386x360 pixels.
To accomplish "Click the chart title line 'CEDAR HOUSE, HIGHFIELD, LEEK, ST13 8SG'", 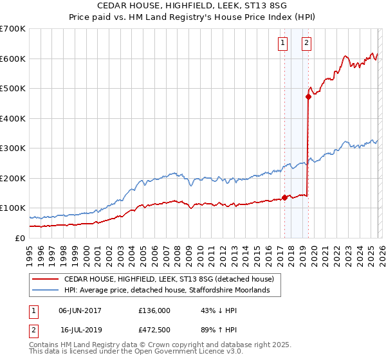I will pyautogui.click(x=192, y=5).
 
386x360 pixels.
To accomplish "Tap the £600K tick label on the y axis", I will pyautogui.click(x=13, y=59).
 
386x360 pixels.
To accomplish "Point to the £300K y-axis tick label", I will pyautogui.click(x=13, y=148).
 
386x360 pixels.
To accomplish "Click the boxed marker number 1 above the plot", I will pyautogui.click(x=283, y=43).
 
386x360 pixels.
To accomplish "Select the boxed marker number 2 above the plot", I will pyautogui.click(x=306, y=43).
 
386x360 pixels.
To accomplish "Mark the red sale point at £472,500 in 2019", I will pyautogui.click(x=308, y=97).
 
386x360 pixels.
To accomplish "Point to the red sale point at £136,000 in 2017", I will pyautogui.click(x=284, y=198).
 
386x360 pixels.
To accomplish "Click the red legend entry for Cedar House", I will pyautogui.click(x=169, y=279).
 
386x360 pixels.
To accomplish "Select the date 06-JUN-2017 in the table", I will pyautogui.click(x=80, y=310).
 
